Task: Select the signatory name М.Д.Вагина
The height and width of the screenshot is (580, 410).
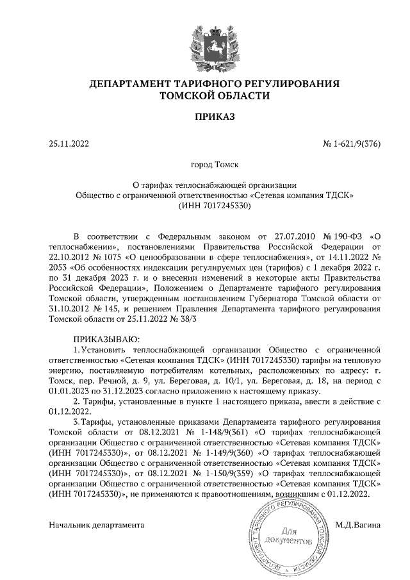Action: [x=358, y=525]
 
